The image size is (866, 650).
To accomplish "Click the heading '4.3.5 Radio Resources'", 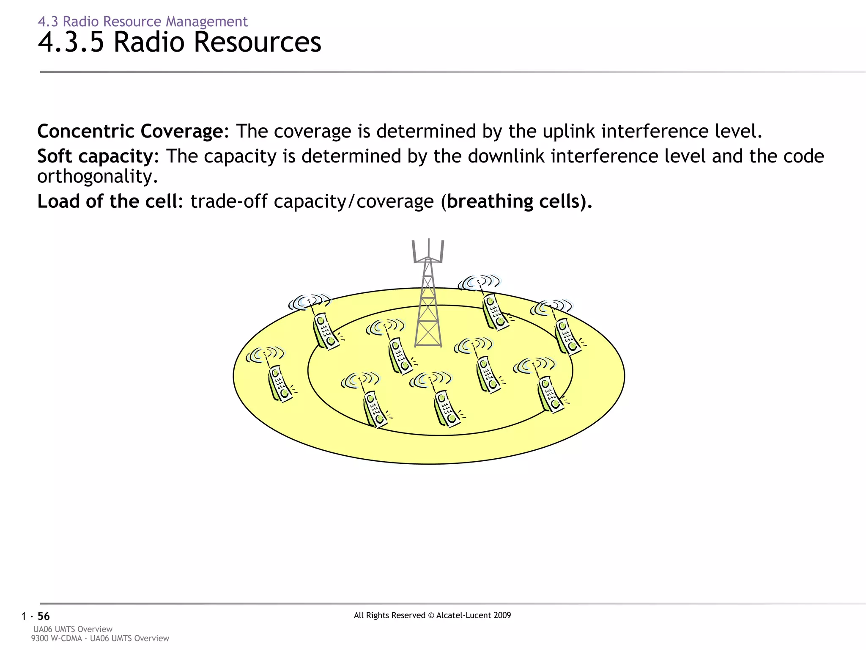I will (x=179, y=42).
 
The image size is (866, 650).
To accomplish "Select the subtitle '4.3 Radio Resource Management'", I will (x=143, y=21).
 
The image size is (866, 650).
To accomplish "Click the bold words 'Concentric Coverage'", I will (x=129, y=131).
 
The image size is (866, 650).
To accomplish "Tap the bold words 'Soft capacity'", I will (x=95, y=156).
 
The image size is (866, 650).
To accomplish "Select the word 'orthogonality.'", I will (x=97, y=176).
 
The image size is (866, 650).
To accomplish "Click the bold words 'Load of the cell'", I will (x=107, y=201).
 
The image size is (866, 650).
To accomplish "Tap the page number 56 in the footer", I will (x=44, y=616).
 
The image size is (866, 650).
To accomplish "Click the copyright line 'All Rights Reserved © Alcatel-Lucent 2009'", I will (x=432, y=615).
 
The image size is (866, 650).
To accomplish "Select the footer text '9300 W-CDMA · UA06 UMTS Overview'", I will (x=100, y=638).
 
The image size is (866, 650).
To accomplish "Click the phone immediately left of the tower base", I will (x=400, y=355).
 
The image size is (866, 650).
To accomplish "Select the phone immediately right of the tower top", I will (x=495, y=311).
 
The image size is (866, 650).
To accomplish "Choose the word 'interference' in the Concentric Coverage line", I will (x=655, y=131).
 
